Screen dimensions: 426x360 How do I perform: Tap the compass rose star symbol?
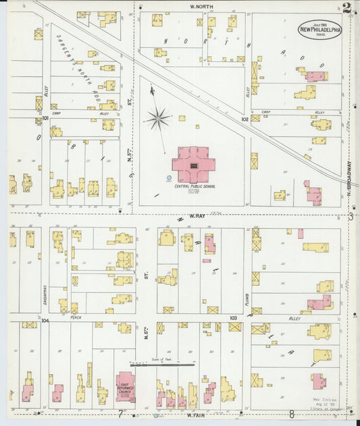pyautogui.click(x=157, y=119)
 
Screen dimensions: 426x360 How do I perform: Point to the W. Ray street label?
pyautogui.click(x=196, y=215)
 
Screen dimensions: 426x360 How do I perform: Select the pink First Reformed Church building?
pyautogui.click(x=125, y=386)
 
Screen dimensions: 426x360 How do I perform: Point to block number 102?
pyautogui.click(x=244, y=118)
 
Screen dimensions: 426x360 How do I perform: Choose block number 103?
pyautogui.click(x=233, y=317)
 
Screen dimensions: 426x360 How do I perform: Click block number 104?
pyautogui.click(x=45, y=321)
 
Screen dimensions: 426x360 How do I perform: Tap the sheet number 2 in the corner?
pyautogui.click(x=346, y=8)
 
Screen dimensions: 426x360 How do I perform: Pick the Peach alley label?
pyautogui.click(x=76, y=317)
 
